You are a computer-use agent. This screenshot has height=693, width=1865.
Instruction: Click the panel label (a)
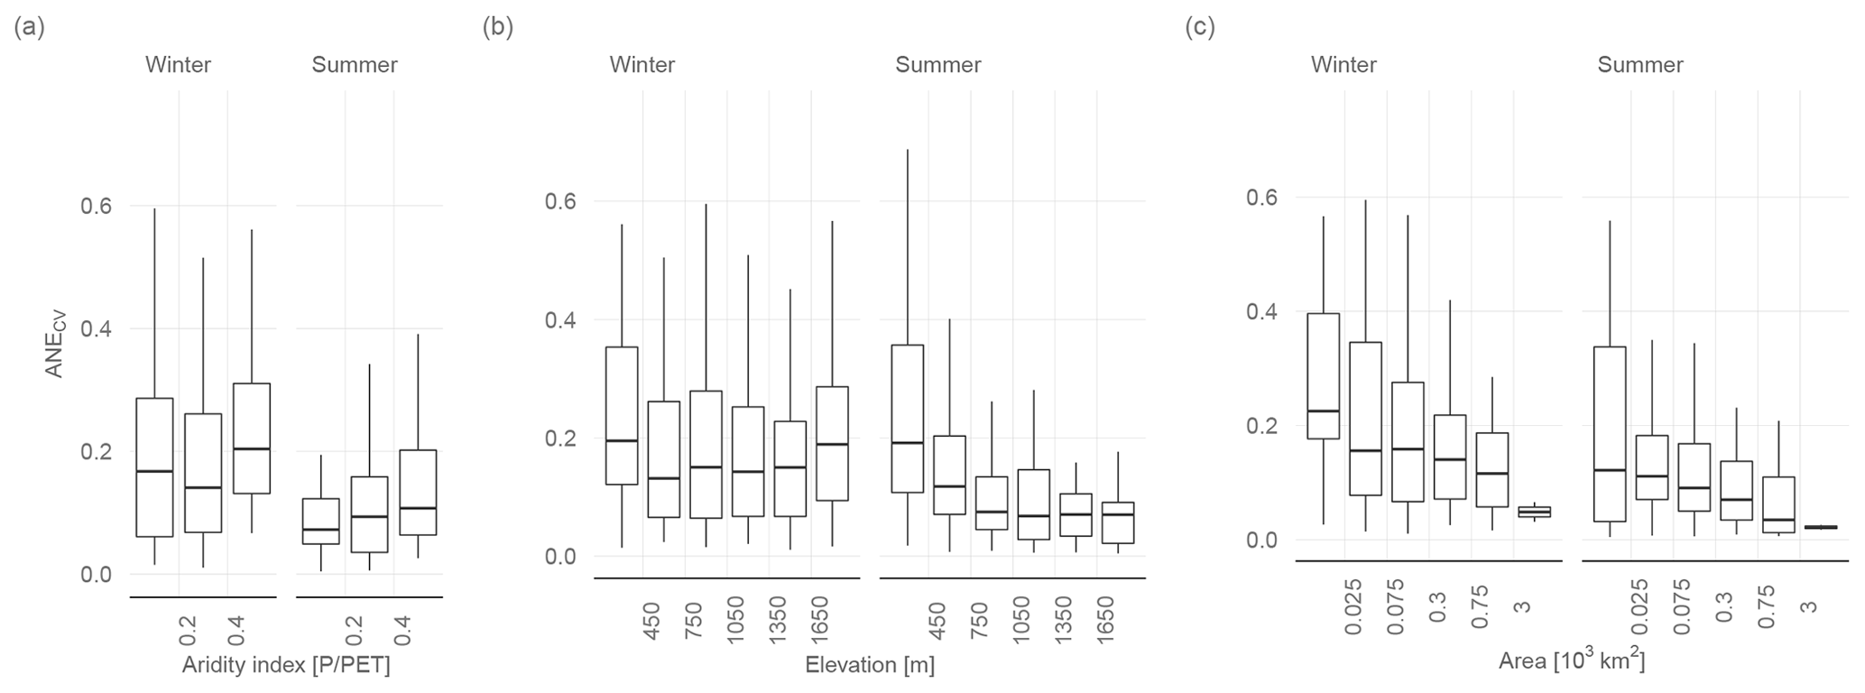click(29, 27)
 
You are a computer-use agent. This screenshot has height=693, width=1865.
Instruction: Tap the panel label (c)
click(1199, 27)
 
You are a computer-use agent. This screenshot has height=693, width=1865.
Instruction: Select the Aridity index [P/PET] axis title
click(286, 665)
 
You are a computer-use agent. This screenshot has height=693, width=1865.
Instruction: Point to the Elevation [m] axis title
click(869, 665)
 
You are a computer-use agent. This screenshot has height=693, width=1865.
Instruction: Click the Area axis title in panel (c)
click(1572, 661)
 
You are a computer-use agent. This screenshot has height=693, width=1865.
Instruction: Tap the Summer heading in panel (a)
click(355, 65)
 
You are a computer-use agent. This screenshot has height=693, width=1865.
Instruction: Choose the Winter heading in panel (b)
click(642, 65)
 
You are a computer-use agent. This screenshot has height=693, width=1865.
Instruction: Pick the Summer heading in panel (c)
click(1639, 65)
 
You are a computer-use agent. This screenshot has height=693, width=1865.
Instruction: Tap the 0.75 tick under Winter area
click(1480, 607)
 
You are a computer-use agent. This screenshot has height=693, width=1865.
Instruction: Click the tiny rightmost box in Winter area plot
click(1534, 512)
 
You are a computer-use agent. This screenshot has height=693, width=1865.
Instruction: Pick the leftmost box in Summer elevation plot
click(907, 418)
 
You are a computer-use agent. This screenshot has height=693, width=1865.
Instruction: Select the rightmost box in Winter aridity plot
click(252, 438)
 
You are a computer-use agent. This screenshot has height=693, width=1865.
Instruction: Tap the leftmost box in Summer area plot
click(1609, 433)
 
